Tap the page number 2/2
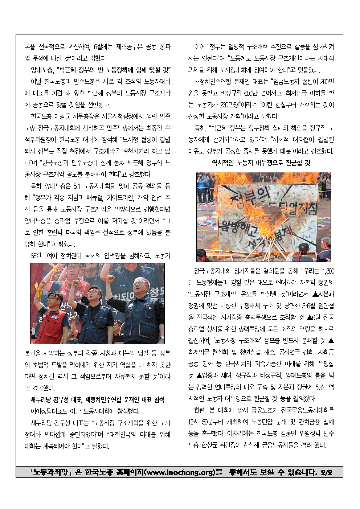coord(326,472)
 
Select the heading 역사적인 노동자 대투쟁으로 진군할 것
coord(261,163)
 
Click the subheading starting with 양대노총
coord(101,70)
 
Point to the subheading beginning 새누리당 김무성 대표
coord(97,399)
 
